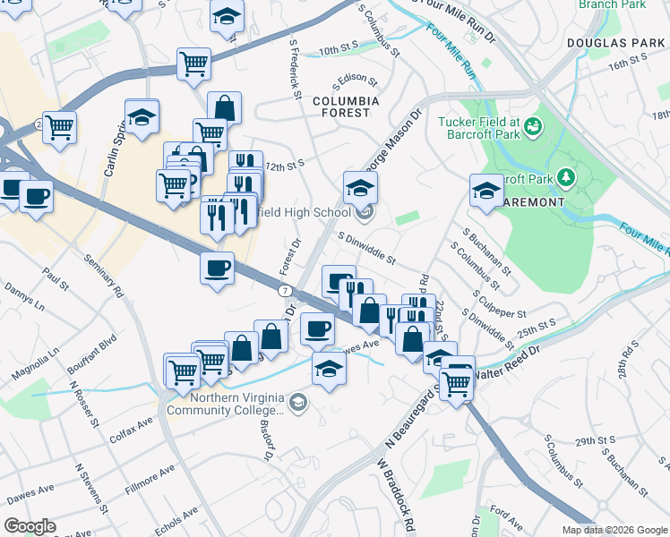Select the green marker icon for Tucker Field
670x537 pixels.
pyautogui.click(x=534, y=127)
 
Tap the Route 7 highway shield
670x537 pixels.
pyautogui.click(x=284, y=291)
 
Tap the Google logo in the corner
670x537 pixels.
pyautogui.click(x=30, y=526)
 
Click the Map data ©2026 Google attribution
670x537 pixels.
pyautogui.click(x=614, y=530)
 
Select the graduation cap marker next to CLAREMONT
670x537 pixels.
pyautogui.click(x=486, y=192)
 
